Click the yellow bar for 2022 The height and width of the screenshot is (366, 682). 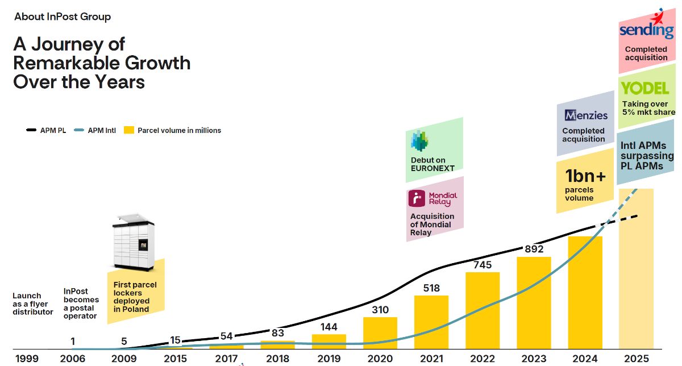(483, 310)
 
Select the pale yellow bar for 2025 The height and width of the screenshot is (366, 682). (637, 269)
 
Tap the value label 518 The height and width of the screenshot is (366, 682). (431, 288)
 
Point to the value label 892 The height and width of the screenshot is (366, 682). (534, 249)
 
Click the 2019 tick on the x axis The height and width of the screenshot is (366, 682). (329, 359)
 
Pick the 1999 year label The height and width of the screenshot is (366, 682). (27, 359)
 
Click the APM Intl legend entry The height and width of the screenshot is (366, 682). (95, 130)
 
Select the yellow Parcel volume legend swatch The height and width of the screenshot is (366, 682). (129, 130)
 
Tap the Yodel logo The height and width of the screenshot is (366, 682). (645, 88)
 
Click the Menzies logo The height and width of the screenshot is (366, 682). (586, 115)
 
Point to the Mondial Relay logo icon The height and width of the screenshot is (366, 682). (417, 198)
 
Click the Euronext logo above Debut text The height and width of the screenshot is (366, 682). (419, 141)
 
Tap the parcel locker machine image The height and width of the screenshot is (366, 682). (134, 242)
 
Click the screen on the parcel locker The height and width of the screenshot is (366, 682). (143, 245)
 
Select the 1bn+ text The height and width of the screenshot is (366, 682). (585, 176)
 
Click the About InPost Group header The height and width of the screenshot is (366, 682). (63, 16)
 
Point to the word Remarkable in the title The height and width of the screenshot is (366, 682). (66, 63)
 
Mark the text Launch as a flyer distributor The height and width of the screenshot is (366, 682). (32, 303)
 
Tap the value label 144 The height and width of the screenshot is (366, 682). (329, 327)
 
